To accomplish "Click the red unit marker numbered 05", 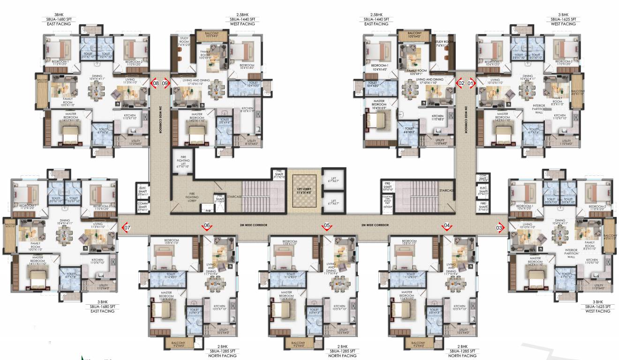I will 326,226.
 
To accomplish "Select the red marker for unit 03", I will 500,228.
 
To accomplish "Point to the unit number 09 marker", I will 165,83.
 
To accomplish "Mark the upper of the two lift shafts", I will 334,179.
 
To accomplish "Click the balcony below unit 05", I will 298,345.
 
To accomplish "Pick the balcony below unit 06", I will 178,345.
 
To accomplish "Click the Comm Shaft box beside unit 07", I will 143,205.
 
